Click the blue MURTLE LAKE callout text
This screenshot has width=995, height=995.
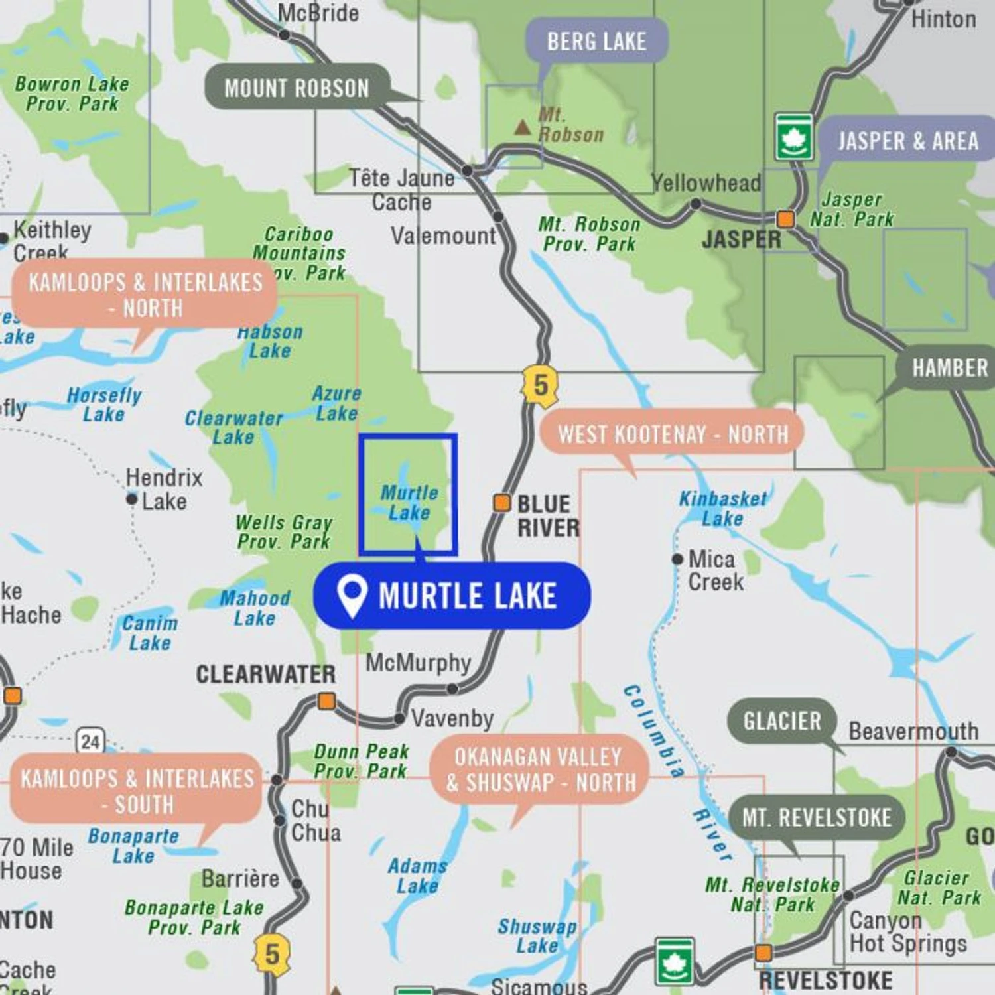click(x=467, y=595)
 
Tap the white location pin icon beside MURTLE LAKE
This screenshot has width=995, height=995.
click(x=352, y=595)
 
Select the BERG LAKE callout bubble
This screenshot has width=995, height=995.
click(x=596, y=41)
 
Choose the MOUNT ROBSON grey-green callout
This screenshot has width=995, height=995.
click(x=297, y=88)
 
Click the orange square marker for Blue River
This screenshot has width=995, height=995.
click(x=502, y=503)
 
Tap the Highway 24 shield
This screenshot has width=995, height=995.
click(x=90, y=741)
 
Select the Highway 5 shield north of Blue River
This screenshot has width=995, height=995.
click(x=541, y=385)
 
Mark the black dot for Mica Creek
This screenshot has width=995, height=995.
click(x=677, y=559)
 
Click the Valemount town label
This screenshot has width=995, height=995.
click(x=443, y=235)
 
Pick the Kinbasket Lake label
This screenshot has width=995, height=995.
click(x=722, y=508)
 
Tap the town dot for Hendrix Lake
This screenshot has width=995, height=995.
click(x=132, y=499)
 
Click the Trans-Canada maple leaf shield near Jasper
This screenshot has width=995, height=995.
click(x=794, y=137)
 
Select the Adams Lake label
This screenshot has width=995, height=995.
click(x=417, y=876)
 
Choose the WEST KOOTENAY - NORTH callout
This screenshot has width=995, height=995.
click(x=673, y=434)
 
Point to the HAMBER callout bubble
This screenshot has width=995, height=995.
click(x=949, y=367)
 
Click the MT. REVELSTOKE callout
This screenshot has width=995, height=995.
click(x=817, y=817)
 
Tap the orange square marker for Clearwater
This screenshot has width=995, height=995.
click(x=326, y=701)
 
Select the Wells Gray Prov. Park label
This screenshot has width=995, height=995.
click(x=284, y=532)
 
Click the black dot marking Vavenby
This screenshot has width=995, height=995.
click(x=399, y=718)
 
